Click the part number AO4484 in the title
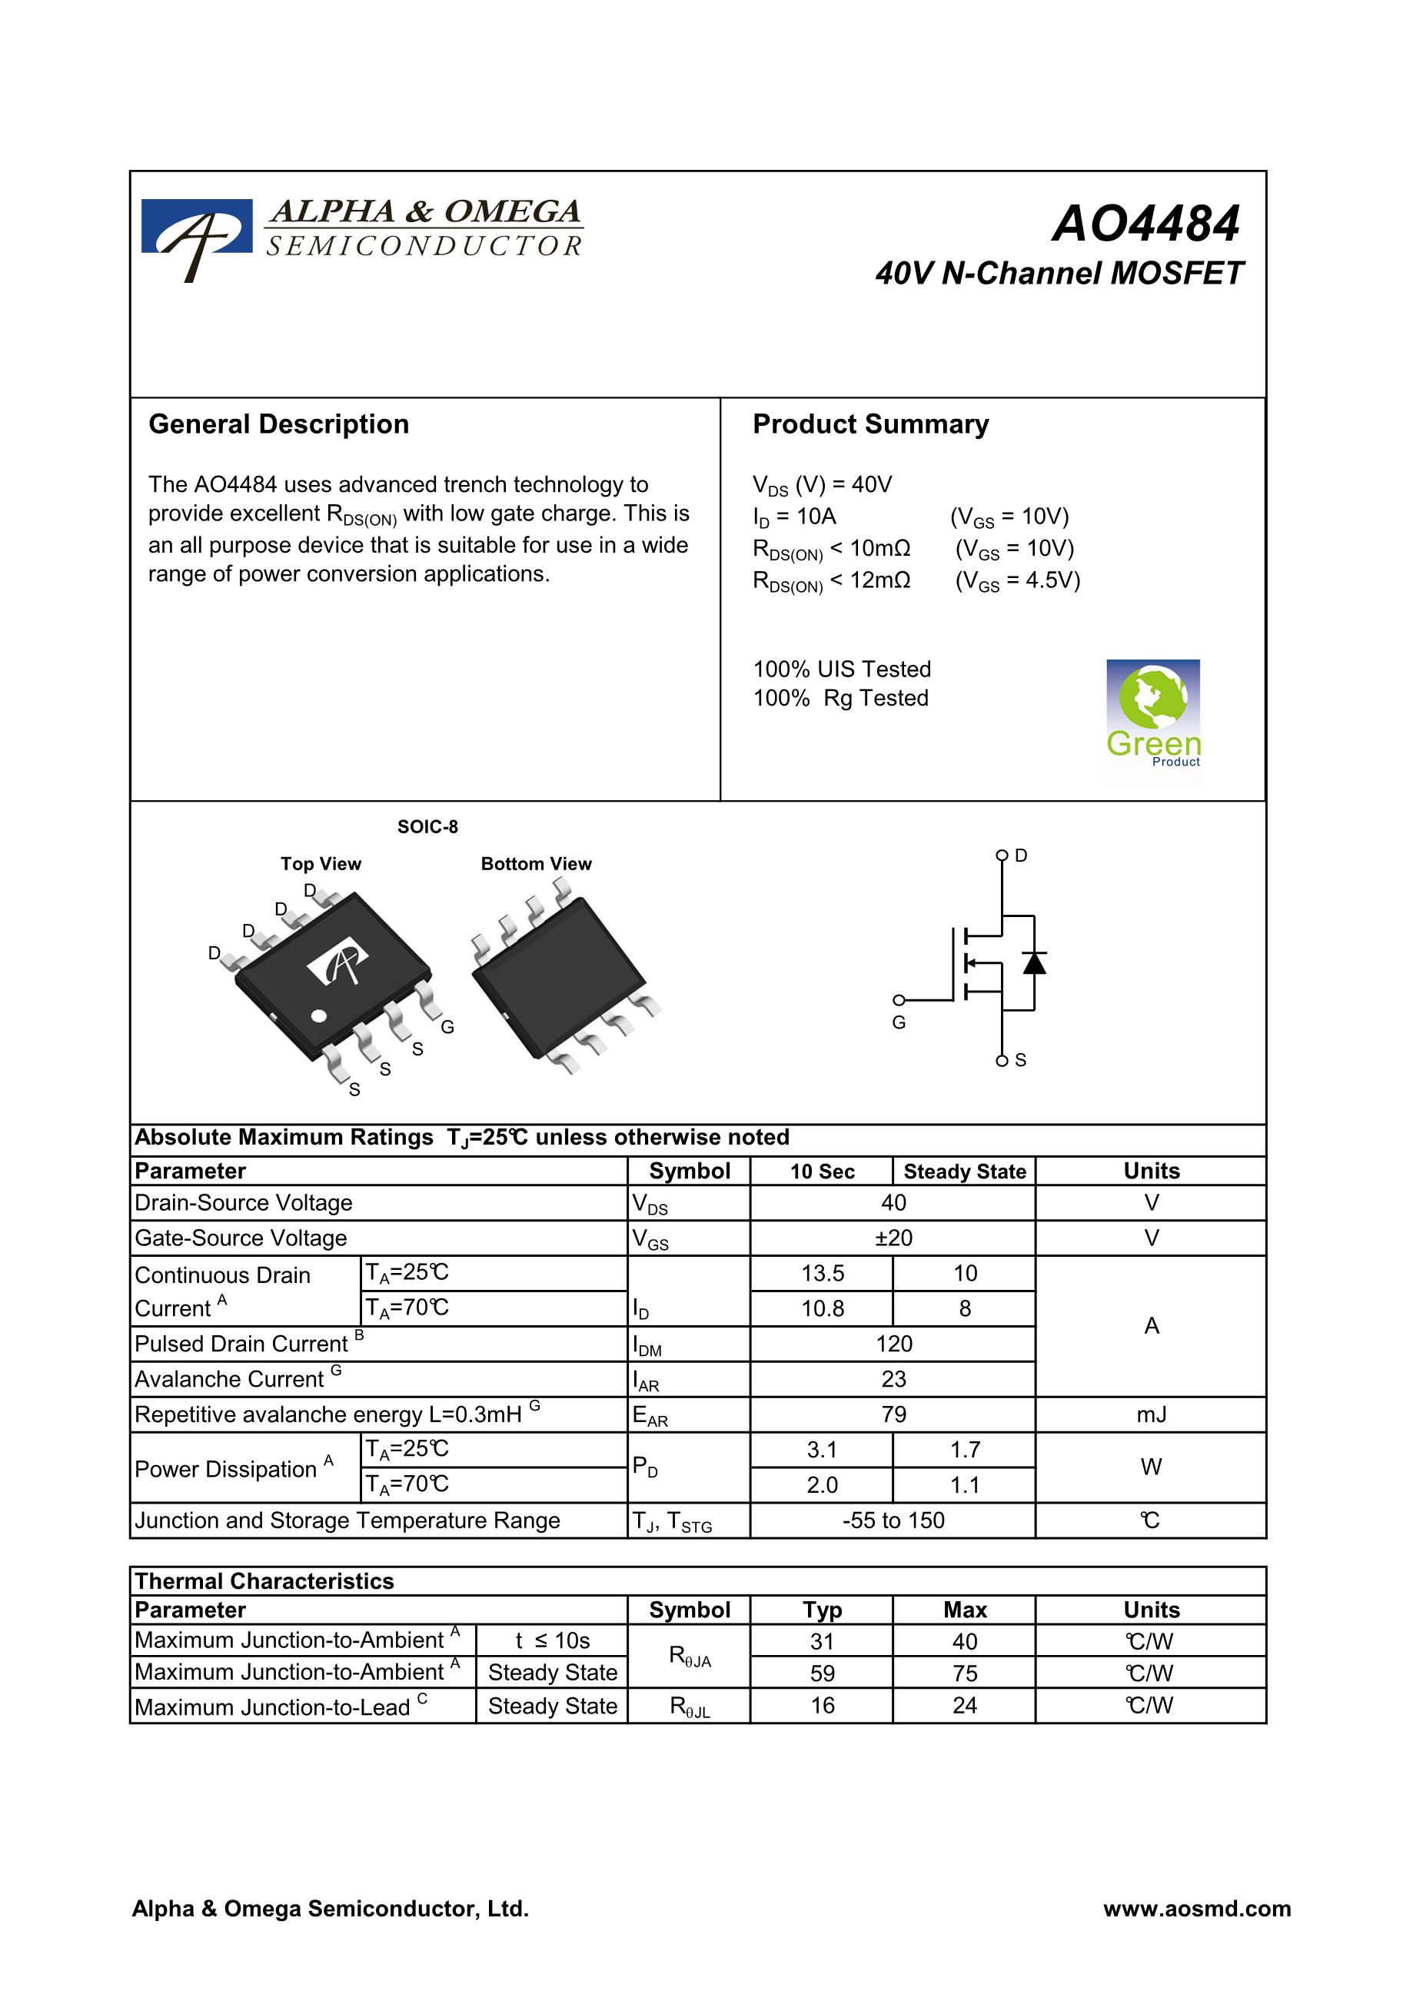click(x=1145, y=224)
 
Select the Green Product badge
click(x=1153, y=714)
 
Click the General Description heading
click(x=279, y=424)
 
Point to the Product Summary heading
click(x=870, y=424)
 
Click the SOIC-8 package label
click(x=427, y=826)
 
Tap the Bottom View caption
click(x=536, y=864)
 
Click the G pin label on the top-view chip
click(x=447, y=1026)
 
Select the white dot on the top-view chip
click(x=319, y=1015)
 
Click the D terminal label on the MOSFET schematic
click(x=1021, y=856)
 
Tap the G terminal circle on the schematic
click(x=899, y=1000)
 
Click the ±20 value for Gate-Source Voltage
click(x=893, y=1238)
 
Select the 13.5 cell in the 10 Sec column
click(x=822, y=1273)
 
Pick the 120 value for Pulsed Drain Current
click(x=893, y=1344)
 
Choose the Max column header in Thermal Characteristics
click(x=964, y=1610)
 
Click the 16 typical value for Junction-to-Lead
click(x=822, y=1705)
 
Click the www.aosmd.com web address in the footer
click(x=1197, y=1909)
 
